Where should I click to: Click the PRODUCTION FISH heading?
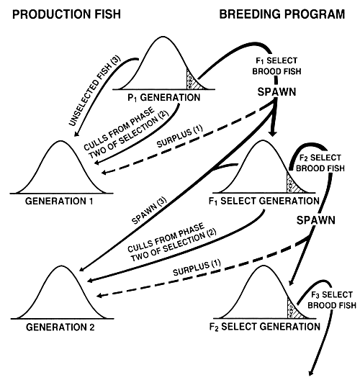[60, 14]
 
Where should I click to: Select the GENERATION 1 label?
[50, 200]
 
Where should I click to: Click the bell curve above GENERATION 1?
[51, 169]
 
